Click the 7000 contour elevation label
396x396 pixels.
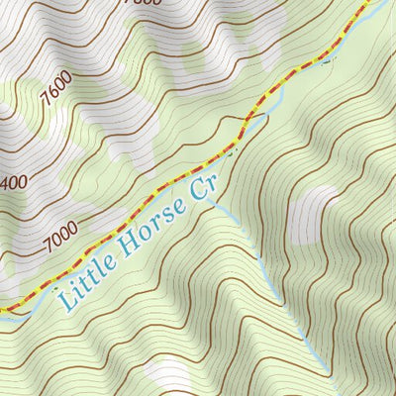[60, 236]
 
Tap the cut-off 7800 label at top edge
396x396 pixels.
[138, 4]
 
